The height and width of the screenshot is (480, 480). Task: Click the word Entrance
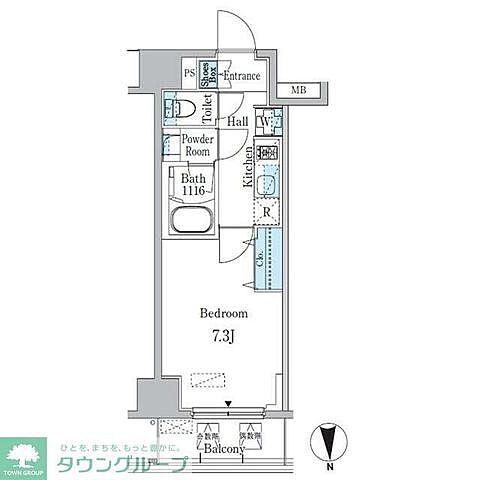coord(241,76)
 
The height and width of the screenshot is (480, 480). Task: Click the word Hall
coord(238,122)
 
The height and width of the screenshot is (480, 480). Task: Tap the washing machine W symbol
coord(265,124)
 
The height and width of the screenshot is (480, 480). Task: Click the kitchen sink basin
coord(266,185)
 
